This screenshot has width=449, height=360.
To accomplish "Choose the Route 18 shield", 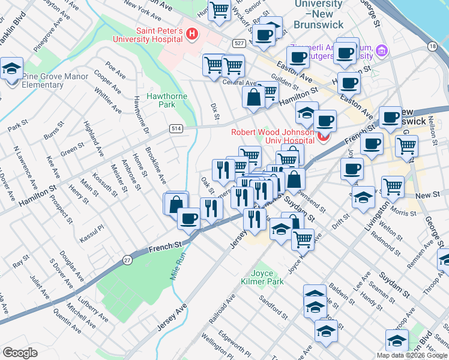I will coord(432,46).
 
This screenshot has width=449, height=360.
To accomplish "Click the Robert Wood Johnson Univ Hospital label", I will coord(273,136).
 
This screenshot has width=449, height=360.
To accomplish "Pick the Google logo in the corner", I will coord(20,353).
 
